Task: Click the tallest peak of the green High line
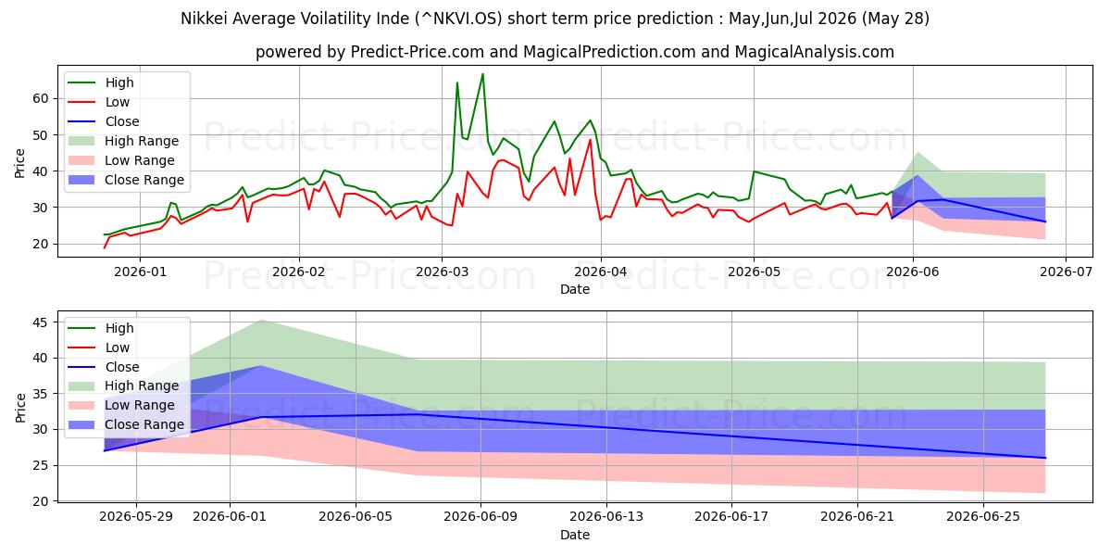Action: (482, 74)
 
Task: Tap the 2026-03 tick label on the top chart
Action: (442, 272)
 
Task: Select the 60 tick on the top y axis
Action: (41, 98)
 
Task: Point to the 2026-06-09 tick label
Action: (481, 517)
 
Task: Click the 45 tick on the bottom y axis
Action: (41, 322)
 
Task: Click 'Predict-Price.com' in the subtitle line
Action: (418, 52)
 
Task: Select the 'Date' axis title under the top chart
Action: (575, 289)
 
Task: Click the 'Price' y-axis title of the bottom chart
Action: (20, 408)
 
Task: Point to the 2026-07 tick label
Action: (1066, 272)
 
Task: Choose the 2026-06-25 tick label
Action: (983, 517)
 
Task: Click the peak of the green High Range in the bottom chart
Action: (261, 321)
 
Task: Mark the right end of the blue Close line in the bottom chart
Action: (1045, 458)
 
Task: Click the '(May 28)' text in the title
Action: (895, 19)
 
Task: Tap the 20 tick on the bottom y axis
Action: (41, 501)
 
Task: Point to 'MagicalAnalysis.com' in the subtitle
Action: (815, 52)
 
